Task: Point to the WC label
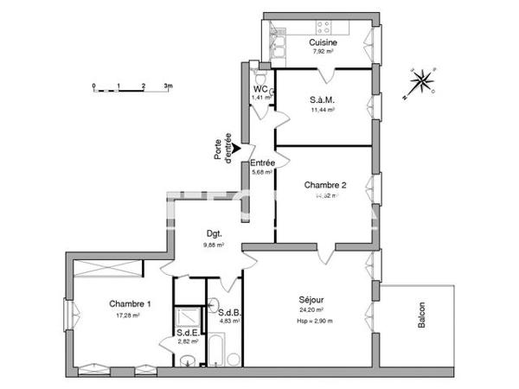tap(260, 89)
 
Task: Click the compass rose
tap(422, 82)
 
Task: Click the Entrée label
tap(262, 163)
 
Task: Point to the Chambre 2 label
tap(325, 185)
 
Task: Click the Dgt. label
tap(214, 233)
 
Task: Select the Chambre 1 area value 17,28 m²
tap(129, 316)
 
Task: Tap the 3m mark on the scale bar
tap(170, 86)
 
